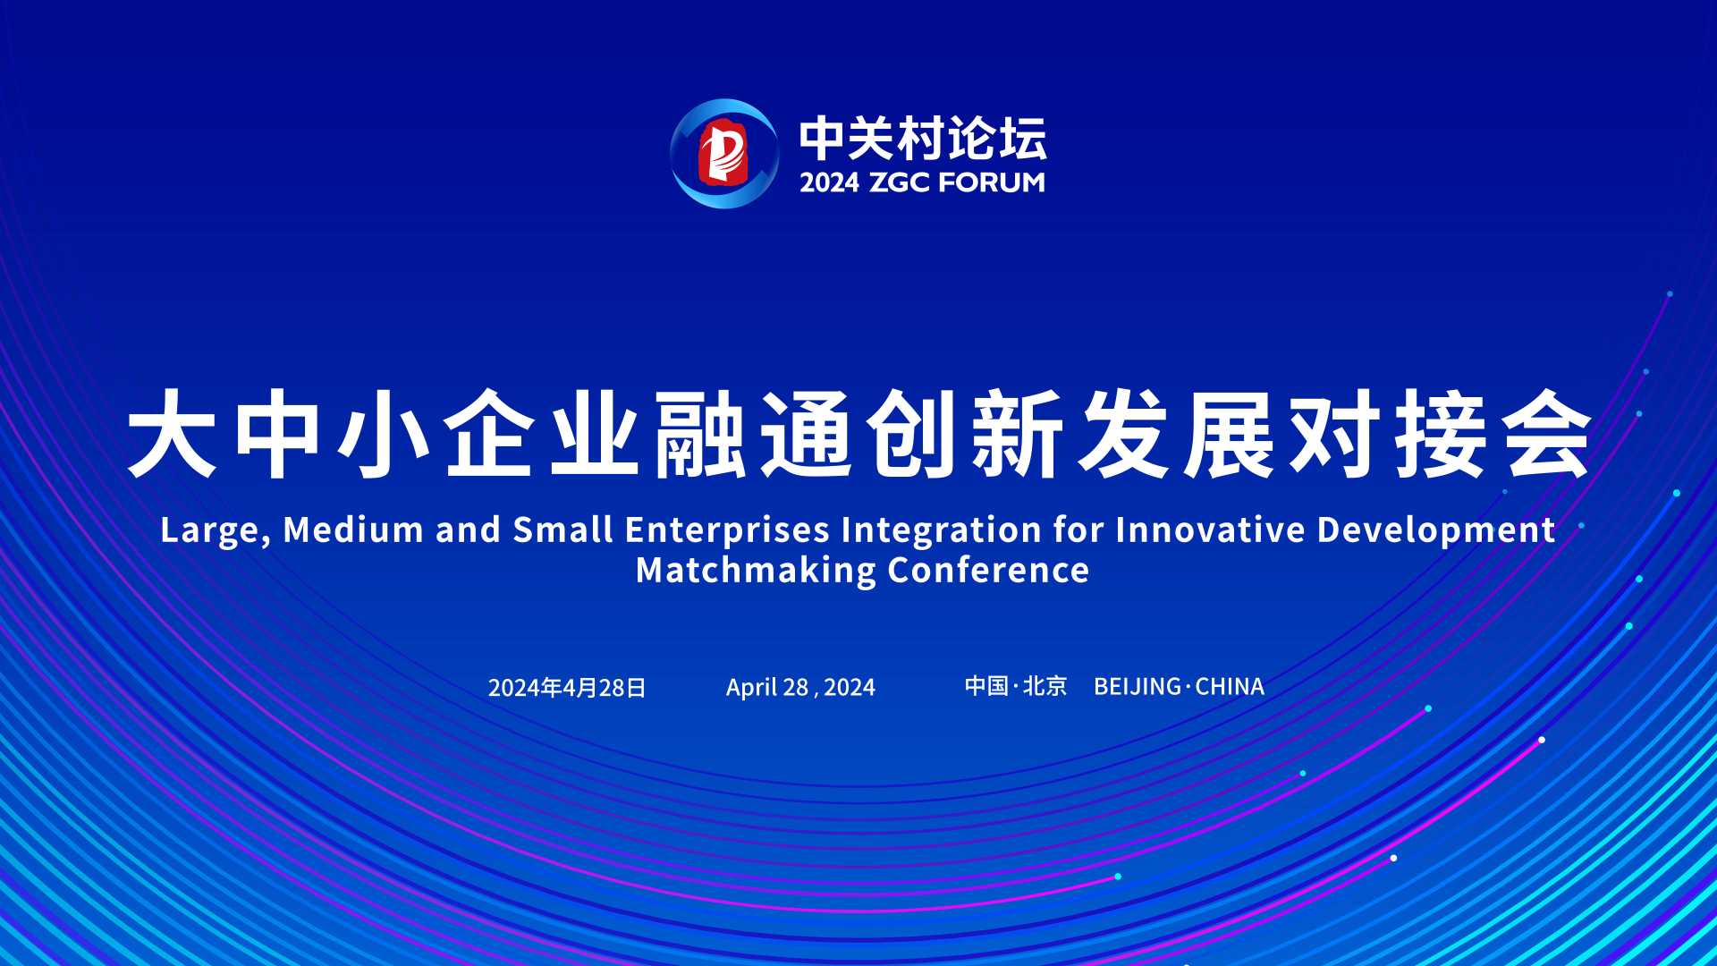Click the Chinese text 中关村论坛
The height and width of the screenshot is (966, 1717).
point(923,139)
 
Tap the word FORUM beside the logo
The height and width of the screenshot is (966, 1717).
point(992,182)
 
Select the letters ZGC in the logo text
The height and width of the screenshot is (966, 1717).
point(900,182)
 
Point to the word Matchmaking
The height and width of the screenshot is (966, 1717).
point(757,571)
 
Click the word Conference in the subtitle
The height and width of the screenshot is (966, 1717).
point(989,570)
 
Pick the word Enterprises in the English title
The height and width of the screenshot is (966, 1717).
point(728,530)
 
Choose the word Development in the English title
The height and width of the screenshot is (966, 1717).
point(1436,530)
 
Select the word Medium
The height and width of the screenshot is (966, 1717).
point(353,530)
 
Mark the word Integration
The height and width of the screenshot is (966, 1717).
point(942,530)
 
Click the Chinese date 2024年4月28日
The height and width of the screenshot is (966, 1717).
point(567,687)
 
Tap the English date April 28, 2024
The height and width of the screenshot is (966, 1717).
point(800,687)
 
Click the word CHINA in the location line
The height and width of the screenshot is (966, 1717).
point(1230,686)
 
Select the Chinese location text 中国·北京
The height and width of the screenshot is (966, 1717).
point(1016,686)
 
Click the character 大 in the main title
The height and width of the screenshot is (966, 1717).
point(173,434)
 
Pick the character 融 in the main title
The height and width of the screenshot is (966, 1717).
point(700,434)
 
